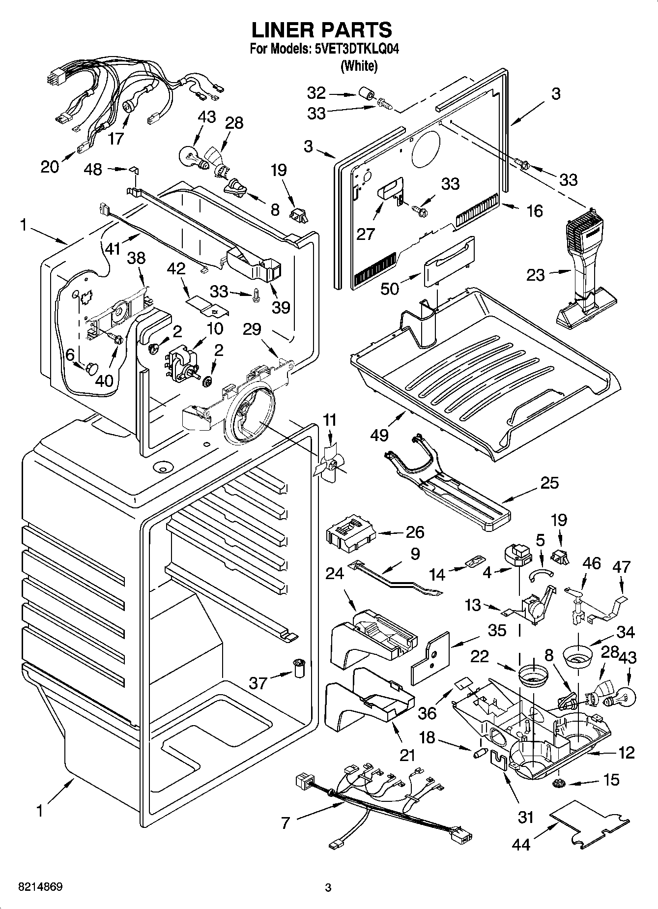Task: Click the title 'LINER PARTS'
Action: [x=322, y=30]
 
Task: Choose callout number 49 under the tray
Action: [x=380, y=434]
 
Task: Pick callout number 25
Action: [x=549, y=483]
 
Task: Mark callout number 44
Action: [x=521, y=844]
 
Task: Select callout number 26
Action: [x=415, y=532]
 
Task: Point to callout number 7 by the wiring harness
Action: [x=286, y=822]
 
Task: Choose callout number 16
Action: [x=534, y=211]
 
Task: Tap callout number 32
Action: [x=316, y=92]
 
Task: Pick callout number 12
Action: [x=627, y=752]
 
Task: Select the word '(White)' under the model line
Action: [x=359, y=66]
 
